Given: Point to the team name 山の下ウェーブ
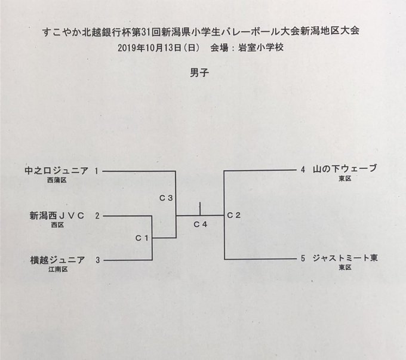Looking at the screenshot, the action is coord(346,169).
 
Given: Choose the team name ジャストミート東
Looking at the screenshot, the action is coord(346,259).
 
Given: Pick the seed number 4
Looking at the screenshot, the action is coord(303,170).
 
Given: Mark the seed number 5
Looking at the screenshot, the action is coord(303,259).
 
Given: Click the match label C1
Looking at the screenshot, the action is coord(141,238).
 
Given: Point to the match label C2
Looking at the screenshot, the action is coord(233,215).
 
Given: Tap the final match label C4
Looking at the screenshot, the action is coord(201,224).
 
